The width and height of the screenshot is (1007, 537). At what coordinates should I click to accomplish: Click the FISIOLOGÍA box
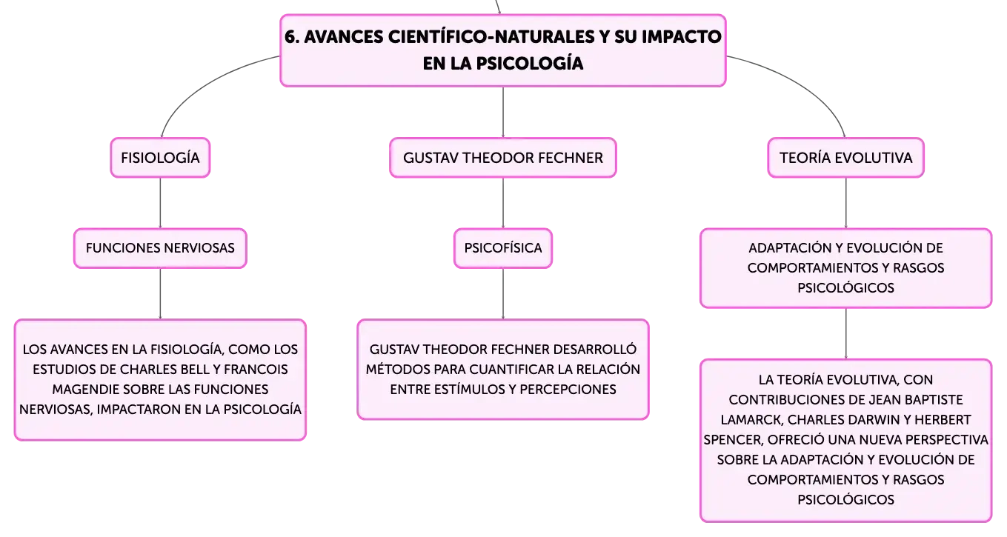160,158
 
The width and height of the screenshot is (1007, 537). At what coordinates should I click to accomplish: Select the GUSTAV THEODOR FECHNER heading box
502,158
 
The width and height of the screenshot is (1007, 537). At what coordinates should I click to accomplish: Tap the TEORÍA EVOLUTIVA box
845,158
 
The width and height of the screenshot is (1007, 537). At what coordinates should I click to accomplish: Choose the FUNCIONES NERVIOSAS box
160,248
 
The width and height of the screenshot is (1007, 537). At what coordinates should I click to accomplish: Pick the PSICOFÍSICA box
502,248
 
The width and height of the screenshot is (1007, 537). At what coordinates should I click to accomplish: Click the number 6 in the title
291,37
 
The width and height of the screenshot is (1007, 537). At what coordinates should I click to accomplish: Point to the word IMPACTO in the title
682,37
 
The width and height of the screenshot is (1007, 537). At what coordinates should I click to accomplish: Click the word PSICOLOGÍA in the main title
530,63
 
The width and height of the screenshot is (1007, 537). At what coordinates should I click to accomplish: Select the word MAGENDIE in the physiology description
84,389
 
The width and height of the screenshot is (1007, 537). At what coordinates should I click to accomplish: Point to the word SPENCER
734,439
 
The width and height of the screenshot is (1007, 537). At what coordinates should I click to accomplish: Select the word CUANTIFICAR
511,370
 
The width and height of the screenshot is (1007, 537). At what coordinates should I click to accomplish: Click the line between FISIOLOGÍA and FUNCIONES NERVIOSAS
160,203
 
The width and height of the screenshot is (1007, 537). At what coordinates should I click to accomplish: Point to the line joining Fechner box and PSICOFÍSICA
502,203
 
